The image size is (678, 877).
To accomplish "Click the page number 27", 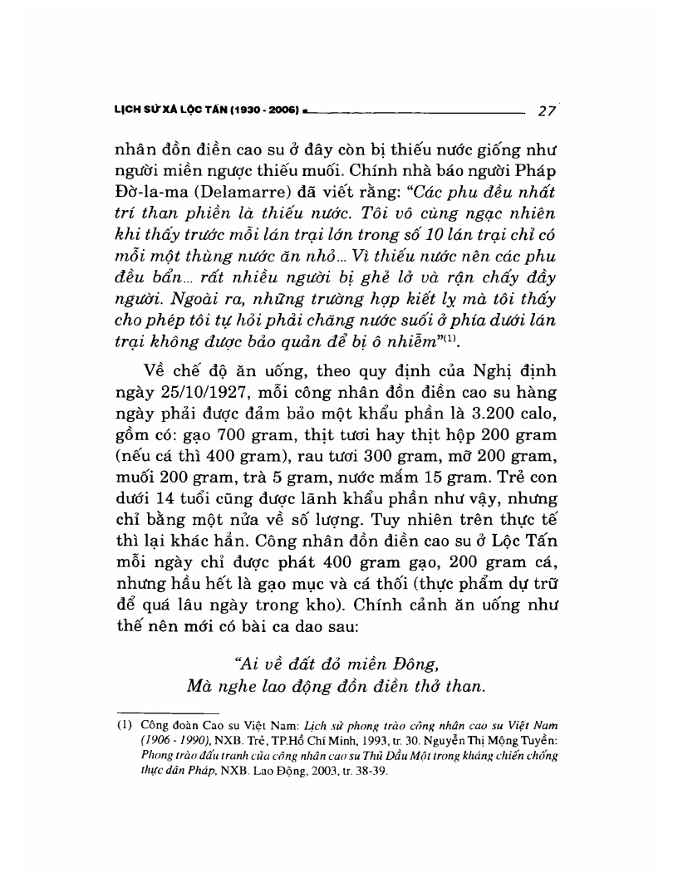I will coord(548,110).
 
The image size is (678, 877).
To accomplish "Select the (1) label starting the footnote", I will coord(123,724).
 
